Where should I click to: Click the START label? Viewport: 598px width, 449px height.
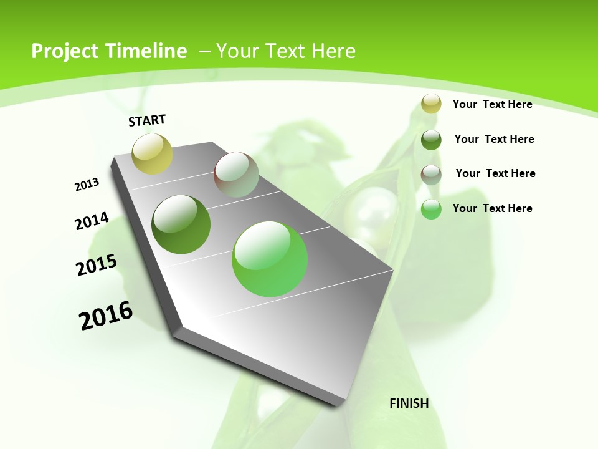[x=147, y=120]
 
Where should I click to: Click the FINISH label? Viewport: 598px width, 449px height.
[x=409, y=403]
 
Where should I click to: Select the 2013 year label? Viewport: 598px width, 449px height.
[x=87, y=185]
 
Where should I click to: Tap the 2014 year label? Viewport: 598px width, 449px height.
[x=92, y=221]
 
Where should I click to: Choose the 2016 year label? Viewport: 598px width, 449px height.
[x=106, y=316]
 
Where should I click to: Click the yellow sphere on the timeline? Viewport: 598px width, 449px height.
[x=152, y=153]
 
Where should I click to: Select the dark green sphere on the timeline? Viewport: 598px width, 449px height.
[x=181, y=224]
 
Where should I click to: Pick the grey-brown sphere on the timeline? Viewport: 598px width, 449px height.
[x=236, y=175]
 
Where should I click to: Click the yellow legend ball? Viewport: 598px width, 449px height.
[x=431, y=104]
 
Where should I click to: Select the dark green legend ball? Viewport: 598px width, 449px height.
[x=431, y=140]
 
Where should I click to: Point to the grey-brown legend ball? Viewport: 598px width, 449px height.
[x=431, y=174]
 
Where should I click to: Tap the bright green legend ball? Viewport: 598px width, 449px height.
[x=431, y=209]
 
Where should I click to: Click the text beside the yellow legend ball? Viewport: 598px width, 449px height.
[x=492, y=104]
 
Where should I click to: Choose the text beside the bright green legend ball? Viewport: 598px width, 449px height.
[x=492, y=208]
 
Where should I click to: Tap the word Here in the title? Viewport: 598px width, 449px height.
[x=333, y=51]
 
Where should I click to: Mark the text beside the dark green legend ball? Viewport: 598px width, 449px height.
[x=494, y=139]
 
